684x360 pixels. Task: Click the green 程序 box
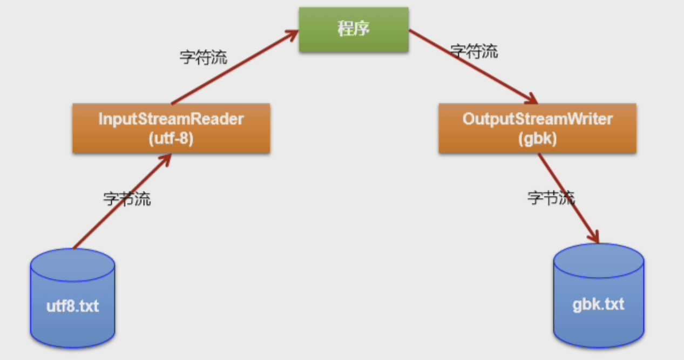tap(354, 30)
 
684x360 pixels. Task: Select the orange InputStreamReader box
tap(171, 128)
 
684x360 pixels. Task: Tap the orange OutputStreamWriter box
tap(537, 128)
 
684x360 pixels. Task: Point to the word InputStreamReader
tap(171, 119)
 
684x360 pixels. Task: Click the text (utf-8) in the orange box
tap(171, 138)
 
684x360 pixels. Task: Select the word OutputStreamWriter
tap(537, 119)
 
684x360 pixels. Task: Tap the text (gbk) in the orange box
tap(537, 138)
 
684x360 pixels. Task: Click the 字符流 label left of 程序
tap(204, 57)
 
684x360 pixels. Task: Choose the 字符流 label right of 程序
tap(474, 52)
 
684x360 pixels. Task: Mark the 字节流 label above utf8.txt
tap(127, 199)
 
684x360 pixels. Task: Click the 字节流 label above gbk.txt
tap(551, 198)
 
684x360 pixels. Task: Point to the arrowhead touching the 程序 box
tap(292, 33)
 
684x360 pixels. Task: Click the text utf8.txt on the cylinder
tap(72, 307)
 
